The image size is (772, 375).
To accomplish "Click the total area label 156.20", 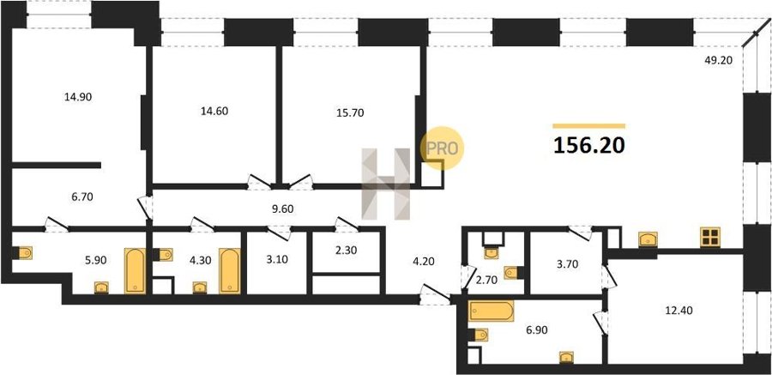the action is [589, 145].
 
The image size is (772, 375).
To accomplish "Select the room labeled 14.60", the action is [214, 111].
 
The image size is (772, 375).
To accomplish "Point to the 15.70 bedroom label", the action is [350, 113].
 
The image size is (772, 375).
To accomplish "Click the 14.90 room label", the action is [78, 97].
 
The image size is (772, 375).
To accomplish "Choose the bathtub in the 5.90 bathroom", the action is [135, 270].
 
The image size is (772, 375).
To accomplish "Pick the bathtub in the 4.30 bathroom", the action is [229, 270].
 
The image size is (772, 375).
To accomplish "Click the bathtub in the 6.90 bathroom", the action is [492, 311].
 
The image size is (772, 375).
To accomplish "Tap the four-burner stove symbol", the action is [710, 237].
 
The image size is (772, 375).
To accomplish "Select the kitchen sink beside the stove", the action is [648, 239].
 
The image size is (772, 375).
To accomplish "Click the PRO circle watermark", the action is [442, 148].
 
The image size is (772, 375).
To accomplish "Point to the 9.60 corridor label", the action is [282, 209].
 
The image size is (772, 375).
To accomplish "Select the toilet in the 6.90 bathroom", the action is [479, 335].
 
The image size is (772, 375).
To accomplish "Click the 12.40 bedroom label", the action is [674, 311].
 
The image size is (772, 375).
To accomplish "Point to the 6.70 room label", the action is [81, 197].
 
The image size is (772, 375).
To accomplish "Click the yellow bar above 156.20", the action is [588, 126].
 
